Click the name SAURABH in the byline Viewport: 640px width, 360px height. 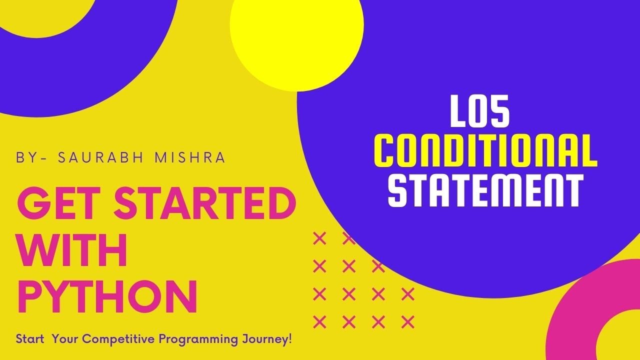tap(100, 158)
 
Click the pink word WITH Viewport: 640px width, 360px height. tap(72, 251)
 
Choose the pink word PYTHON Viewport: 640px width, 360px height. tap(107, 296)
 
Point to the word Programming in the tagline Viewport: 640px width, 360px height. tap(193, 339)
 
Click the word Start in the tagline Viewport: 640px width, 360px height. tap(28, 339)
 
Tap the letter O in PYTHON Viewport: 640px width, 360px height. tap(139, 296)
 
